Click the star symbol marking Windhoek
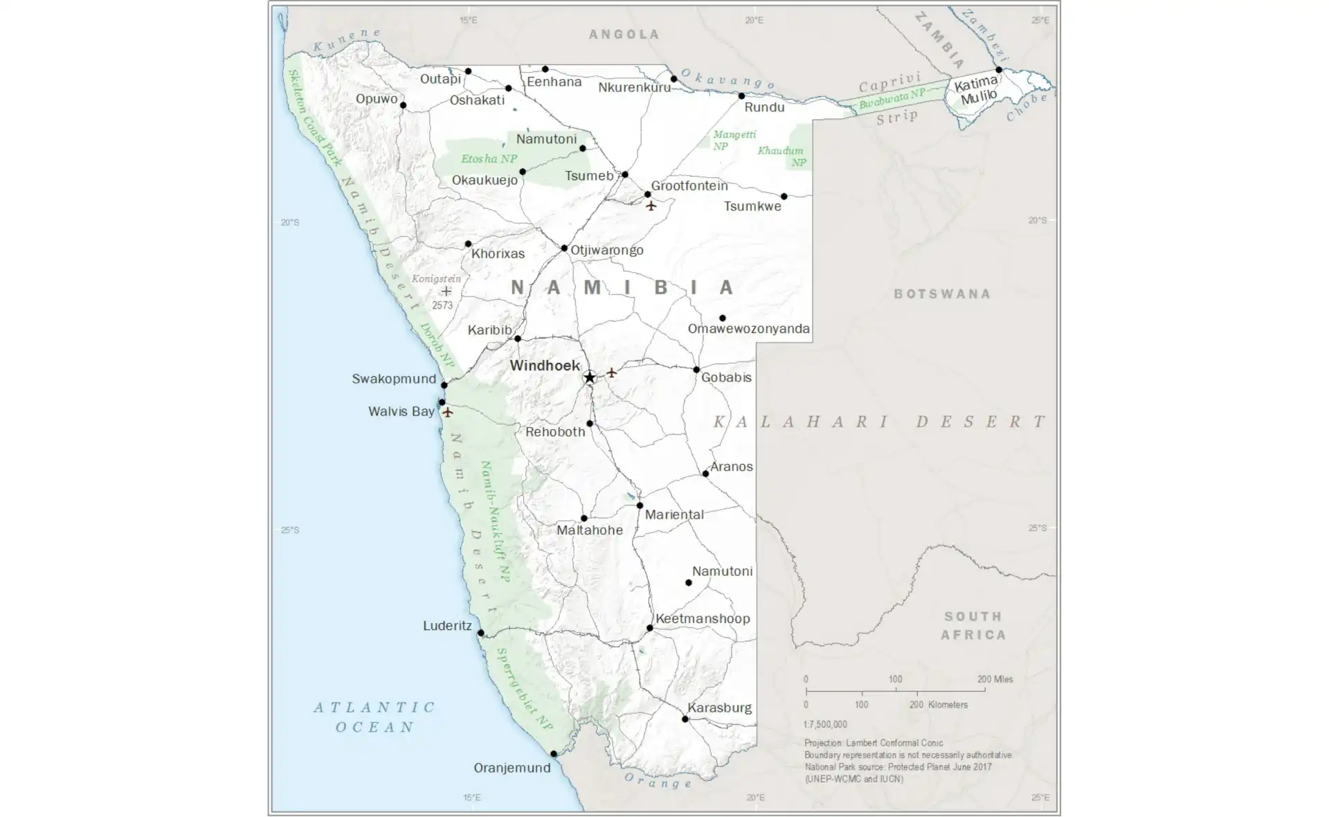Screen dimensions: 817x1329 pyautogui.click(x=589, y=377)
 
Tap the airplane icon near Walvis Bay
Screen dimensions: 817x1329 pyautogui.click(x=448, y=413)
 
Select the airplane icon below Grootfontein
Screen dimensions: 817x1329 pyautogui.click(x=651, y=206)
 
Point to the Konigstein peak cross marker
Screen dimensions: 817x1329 pyautogui.click(x=446, y=291)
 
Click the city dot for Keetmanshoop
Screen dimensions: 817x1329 pyautogui.click(x=649, y=628)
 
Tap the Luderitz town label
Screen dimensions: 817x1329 pyautogui.click(x=447, y=626)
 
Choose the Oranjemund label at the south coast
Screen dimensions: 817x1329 pyautogui.click(x=512, y=768)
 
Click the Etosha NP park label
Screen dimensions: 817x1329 pyautogui.click(x=489, y=159)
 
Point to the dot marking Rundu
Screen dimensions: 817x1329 pyautogui.click(x=741, y=96)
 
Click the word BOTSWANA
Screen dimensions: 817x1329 pyautogui.click(x=942, y=294)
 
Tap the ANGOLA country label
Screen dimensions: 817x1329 pyautogui.click(x=624, y=35)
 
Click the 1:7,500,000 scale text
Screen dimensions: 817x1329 pyautogui.click(x=825, y=724)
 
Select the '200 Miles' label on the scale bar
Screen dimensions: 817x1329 pyautogui.click(x=995, y=679)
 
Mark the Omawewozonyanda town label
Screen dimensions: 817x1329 pyautogui.click(x=748, y=329)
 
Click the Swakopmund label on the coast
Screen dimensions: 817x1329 pyautogui.click(x=394, y=379)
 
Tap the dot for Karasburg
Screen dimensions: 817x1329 pyautogui.click(x=685, y=719)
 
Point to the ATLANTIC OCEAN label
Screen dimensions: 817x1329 pyautogui.click(x=374, y=717)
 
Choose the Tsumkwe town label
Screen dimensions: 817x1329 pyautogui.click(x=752, y=206)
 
